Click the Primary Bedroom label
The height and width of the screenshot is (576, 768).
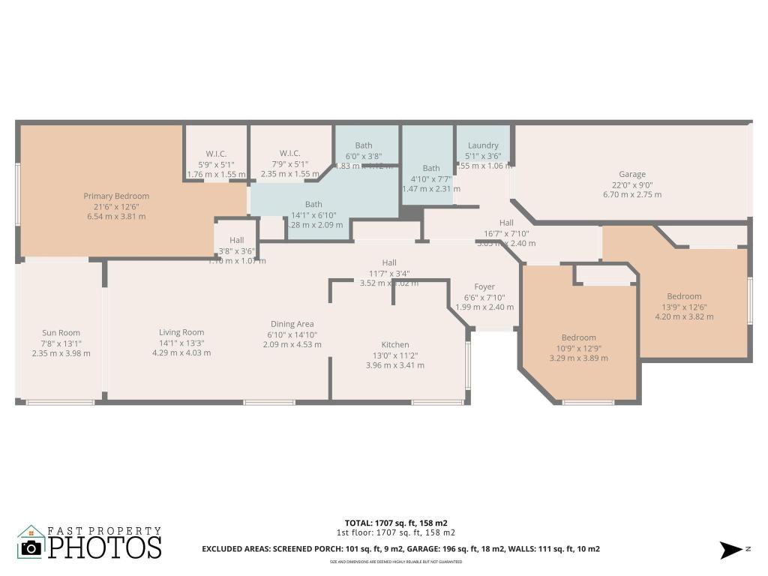point(115,196)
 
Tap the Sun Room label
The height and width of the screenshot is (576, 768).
point(61,333)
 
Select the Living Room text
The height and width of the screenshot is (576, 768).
point(181,332)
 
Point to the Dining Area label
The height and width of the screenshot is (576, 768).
point(292,324)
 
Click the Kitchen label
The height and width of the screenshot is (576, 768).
point(394,345)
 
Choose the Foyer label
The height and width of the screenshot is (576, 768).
point(484,286)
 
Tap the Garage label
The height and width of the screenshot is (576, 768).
point(632,175)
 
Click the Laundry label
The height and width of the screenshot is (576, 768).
point(483,145)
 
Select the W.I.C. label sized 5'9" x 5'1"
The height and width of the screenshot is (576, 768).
point(216,154)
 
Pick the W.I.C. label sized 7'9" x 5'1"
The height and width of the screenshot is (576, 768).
point(289,154)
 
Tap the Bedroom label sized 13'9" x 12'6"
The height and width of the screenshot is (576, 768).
point(684,296)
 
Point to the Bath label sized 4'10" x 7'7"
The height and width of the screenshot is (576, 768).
point(430,169)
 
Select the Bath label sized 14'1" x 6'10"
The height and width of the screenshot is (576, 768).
point(313,204)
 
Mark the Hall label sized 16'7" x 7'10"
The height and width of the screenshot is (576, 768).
point(506,223)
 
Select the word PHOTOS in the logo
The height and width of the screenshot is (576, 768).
point(105,547)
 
